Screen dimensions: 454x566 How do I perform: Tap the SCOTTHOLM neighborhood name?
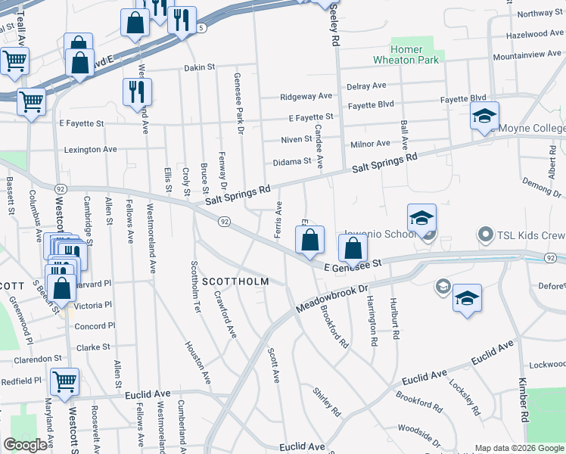point(235,281)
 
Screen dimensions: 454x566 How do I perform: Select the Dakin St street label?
point(200,68)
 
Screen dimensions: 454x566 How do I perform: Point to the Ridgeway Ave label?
point(306,97)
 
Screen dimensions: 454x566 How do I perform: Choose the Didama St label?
point(292,161)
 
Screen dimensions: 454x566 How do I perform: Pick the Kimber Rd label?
point(523,400)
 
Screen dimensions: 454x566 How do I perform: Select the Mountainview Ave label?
point(527,55)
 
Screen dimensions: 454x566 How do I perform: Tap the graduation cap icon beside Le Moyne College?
point(484,117)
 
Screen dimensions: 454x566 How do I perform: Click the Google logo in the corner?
point(26,445)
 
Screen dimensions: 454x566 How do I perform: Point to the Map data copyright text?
point(519,449)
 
